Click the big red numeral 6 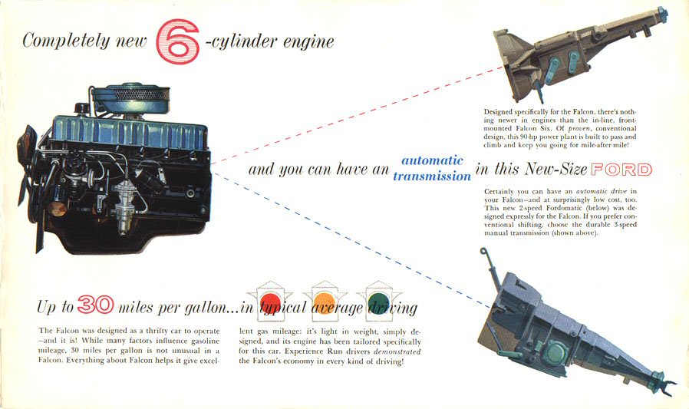pyautogui.click(x=177, y=41)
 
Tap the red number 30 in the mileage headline pyautogui.click(x=95, y=305)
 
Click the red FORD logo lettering pyautogui.click(x=621, y=170)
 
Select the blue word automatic pyautogui.click(x=433, y=160)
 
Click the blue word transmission pyautogui.click(x=432, y=176)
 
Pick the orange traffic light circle pyautogui.click(x=325, y=302)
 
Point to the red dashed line pyautogui.click(x=356, y=115)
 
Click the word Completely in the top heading pyautogui.click(x=66, y=41)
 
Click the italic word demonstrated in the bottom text pyautogui.click(x=397, y=352)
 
